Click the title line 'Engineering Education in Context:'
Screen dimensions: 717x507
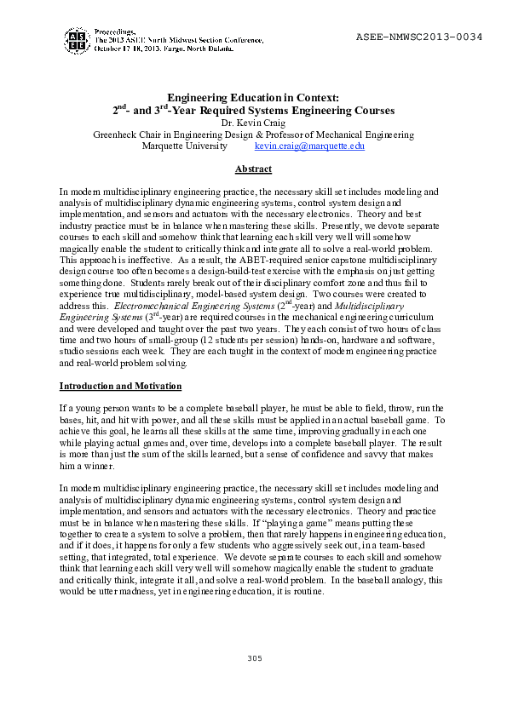tap(253, 99)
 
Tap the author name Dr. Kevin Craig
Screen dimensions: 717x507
tap(253, 123)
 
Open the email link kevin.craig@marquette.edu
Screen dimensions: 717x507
tap(303, 146)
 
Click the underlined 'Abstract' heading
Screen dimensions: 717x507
tap(253, 169)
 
